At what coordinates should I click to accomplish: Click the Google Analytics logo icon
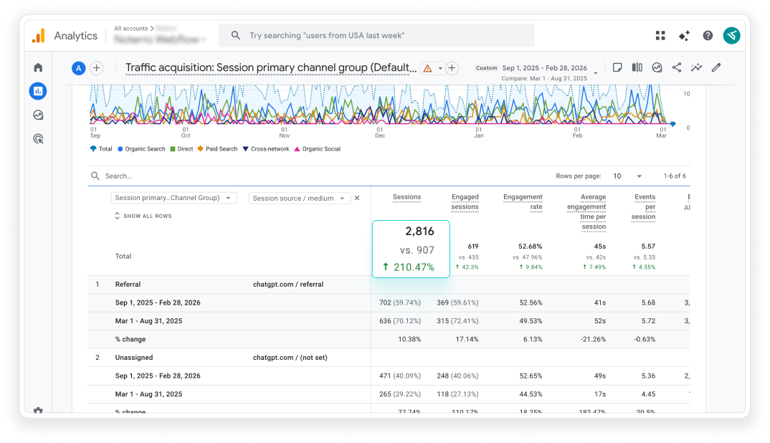click(x=38, y=36)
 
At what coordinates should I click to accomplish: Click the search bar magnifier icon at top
click(x=236, y=35)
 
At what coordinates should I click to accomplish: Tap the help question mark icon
click(x=708, y=36)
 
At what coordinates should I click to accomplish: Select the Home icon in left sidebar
click(x=38, y=67)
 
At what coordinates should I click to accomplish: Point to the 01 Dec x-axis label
click(x=379, y=132)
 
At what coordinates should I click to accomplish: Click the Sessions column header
click(x=407, y=197)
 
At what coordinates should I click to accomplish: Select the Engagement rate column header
click(x=523, y=201)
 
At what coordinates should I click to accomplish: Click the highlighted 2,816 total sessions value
click(x=419, y=231)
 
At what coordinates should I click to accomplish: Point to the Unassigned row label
click(x=134, y=357)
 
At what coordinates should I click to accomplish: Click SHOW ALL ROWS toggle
click(x=143, y=216)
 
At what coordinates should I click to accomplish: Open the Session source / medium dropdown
click(x=299, y=199)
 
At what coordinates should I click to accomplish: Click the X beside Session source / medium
click(x=357, y=199)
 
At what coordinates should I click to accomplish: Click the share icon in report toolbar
click(x=676, y=67)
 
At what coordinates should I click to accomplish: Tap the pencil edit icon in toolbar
click(x=716, y=67)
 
